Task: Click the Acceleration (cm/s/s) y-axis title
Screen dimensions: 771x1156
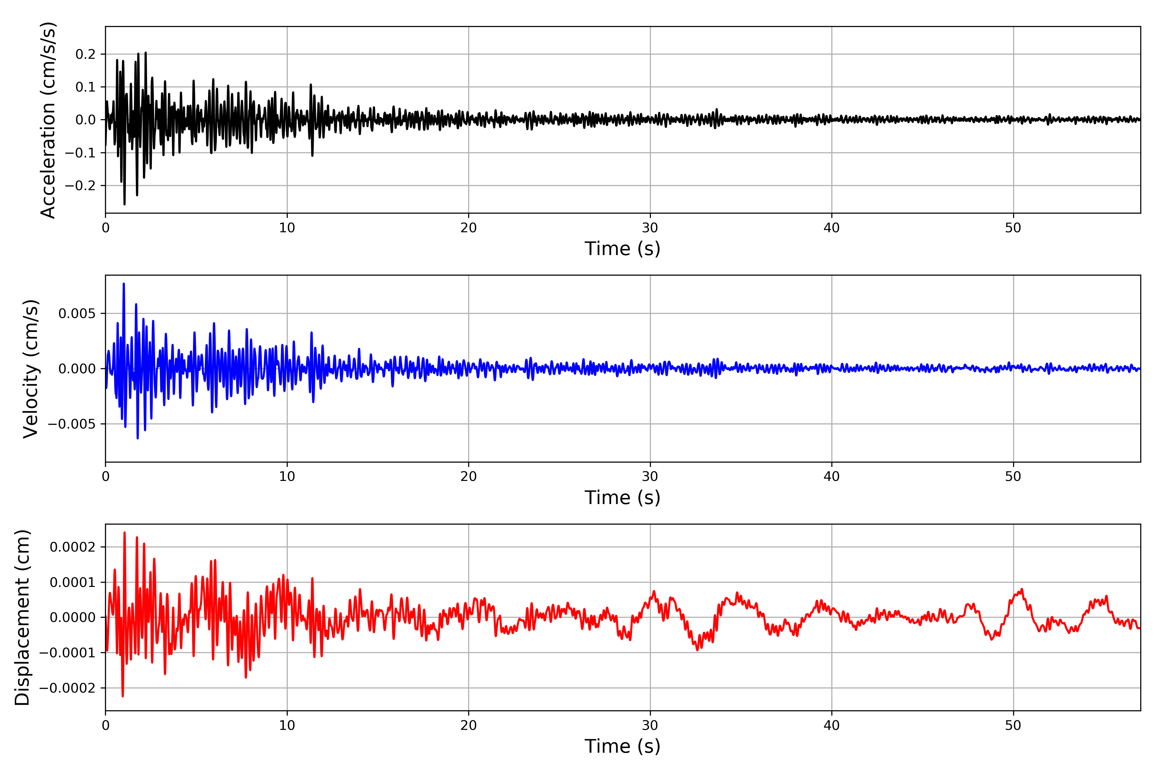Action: (48, 120)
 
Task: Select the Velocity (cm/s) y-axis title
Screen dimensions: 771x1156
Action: (31, 369)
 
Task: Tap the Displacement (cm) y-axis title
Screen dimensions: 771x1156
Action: (22, 617)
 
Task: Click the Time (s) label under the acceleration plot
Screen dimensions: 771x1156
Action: (622, 249)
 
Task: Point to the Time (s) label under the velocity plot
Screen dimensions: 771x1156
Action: (622, 498)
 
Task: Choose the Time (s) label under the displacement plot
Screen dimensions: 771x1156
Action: (622, 746)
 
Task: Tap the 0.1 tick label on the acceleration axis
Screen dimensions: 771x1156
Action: (85, 87)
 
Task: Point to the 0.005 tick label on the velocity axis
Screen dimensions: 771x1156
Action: (77, 314)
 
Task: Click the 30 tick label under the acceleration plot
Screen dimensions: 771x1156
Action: (650, 228)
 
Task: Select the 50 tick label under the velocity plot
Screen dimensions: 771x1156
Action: (1013, 476)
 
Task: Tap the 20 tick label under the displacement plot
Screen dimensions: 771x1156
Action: (469, 725)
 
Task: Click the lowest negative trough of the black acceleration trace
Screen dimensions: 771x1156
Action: (124, 204)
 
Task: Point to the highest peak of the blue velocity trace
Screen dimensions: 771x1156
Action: (124, 284)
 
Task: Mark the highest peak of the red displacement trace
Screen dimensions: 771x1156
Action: (124, 533)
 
